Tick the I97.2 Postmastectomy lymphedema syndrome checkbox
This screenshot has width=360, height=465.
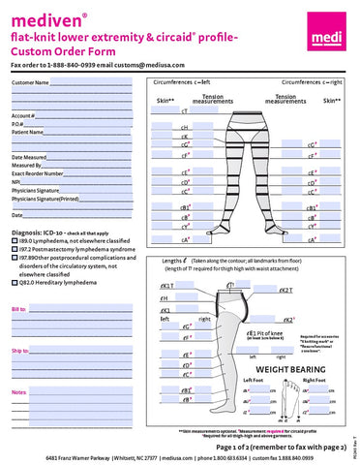click(15, 249)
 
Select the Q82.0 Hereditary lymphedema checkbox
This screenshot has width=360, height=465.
click(15, 283)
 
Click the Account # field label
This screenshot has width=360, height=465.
click(24, 114)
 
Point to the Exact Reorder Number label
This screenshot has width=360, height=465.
click(37, 172)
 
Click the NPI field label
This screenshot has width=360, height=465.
click(16, 181)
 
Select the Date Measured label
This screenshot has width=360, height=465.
click(29, 156)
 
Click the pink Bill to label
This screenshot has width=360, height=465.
click(18, 309)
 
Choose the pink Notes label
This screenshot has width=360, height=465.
click(19, 391)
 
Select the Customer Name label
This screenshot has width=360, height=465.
click(29, 83)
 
